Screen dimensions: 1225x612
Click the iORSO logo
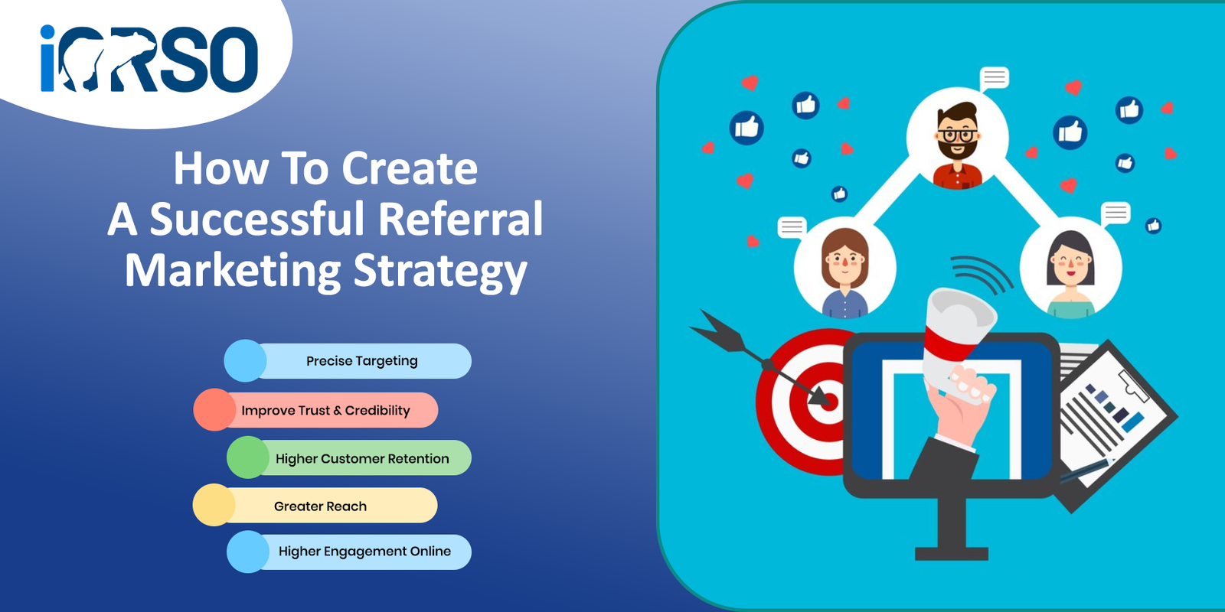[149, 58]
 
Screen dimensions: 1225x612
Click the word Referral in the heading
[460, 219]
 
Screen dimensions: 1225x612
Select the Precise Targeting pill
[348, 360]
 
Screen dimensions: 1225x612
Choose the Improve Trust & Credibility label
[325, 410]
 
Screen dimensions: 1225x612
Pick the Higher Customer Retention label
[362, 458]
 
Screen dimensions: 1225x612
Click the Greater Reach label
[320, 506]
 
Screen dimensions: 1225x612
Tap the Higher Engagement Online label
[364, 552]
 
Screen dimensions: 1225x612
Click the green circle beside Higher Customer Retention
[248, 457]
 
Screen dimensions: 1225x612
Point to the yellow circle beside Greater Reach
[214, 505]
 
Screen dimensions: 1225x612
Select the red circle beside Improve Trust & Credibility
[214, 410]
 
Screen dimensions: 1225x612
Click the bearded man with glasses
[957, 145]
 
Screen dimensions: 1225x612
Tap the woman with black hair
[1070, 275]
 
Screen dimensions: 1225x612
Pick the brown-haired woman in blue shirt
[845, 273]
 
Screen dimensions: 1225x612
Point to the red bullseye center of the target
[830, 402]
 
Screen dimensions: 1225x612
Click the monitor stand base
[952, 554]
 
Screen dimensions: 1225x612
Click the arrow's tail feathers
[717, 330]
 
